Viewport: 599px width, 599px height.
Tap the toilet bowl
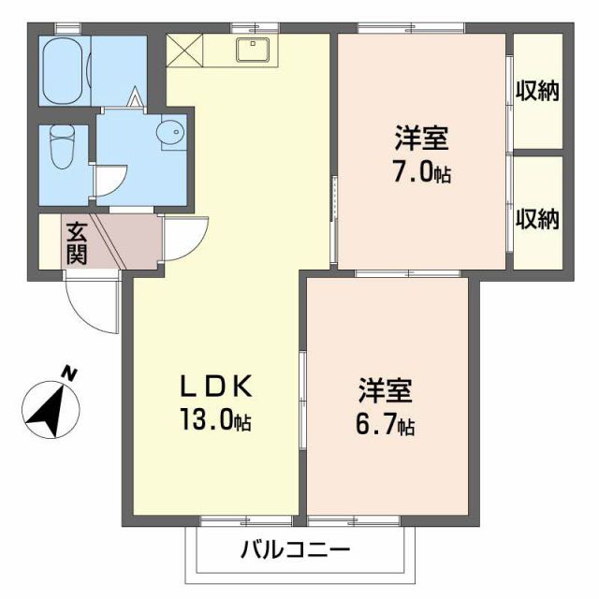(x=63, y=147)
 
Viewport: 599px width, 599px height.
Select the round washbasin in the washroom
(x=172, y=134)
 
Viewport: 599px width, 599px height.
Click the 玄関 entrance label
(x=77, y=241)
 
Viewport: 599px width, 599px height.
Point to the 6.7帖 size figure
(x=386, y=426)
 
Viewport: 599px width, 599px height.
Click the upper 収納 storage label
(x=537, y=91)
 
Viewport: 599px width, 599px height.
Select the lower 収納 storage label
(x=537, y=219)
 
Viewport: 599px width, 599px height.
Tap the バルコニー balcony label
(x=295, y=549)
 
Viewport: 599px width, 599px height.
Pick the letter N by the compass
(x=67, y=373)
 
